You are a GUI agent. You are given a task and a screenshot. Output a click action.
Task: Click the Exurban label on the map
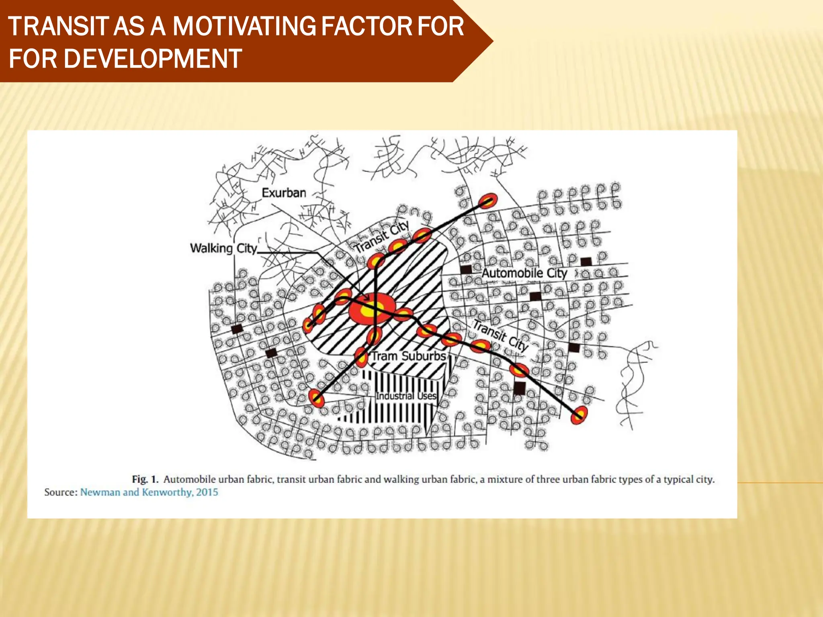[x=284, y=193]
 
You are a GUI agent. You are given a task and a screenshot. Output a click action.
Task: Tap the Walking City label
[x=223, y=248]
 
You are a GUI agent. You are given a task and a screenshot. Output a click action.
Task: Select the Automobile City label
[x=524, y=273]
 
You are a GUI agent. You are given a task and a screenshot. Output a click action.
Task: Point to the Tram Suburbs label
[x=409, y=356]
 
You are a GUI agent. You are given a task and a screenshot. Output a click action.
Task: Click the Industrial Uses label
[x=406, y=396]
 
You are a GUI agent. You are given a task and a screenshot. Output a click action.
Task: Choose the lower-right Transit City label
[x=500, y=335]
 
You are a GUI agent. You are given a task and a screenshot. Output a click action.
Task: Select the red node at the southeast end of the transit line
[x=579, y=415]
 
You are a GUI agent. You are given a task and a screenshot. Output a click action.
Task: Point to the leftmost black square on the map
[x=237, y=329]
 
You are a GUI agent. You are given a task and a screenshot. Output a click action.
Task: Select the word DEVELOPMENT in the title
[x=153, y=59]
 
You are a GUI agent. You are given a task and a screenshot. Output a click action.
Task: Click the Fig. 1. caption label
[x=145, y=479]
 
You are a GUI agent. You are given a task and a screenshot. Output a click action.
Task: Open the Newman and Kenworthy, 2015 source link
[x=149, y=492]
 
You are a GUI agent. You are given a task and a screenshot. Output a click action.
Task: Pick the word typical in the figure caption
[x=678, y=479]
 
